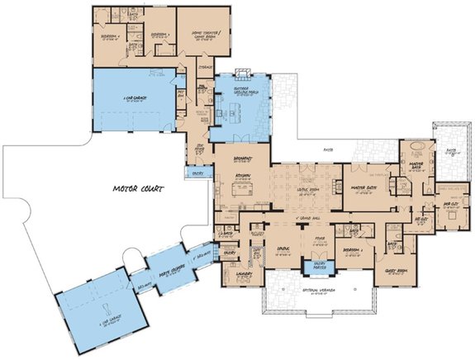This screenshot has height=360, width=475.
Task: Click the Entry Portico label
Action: (x=314, y=265)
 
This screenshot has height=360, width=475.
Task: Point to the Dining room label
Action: (x=282, y=247)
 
